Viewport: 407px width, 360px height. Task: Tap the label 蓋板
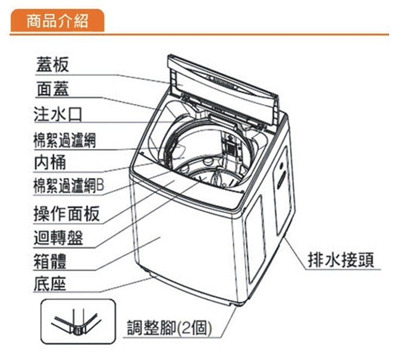pos(53,65)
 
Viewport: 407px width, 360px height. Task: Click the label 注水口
pos(57,115)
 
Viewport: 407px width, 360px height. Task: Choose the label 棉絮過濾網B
pos(68,186)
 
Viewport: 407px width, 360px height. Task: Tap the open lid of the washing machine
pos(228,90)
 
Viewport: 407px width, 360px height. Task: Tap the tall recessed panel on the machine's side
pos(256,239)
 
